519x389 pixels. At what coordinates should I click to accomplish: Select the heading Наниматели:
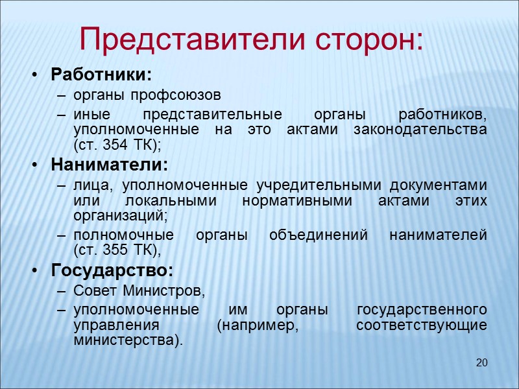pyautogui.click(x=109, y=163)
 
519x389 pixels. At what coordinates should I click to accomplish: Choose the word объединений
pyautogui.click(x=306, y=235)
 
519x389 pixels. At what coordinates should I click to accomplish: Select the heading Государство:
pyautogui.click(x=112, y=269)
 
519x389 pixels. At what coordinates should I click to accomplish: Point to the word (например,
pyautogui.click(x=259, y=325)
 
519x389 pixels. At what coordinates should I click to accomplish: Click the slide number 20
pyautogui.click(x=481, y=362)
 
